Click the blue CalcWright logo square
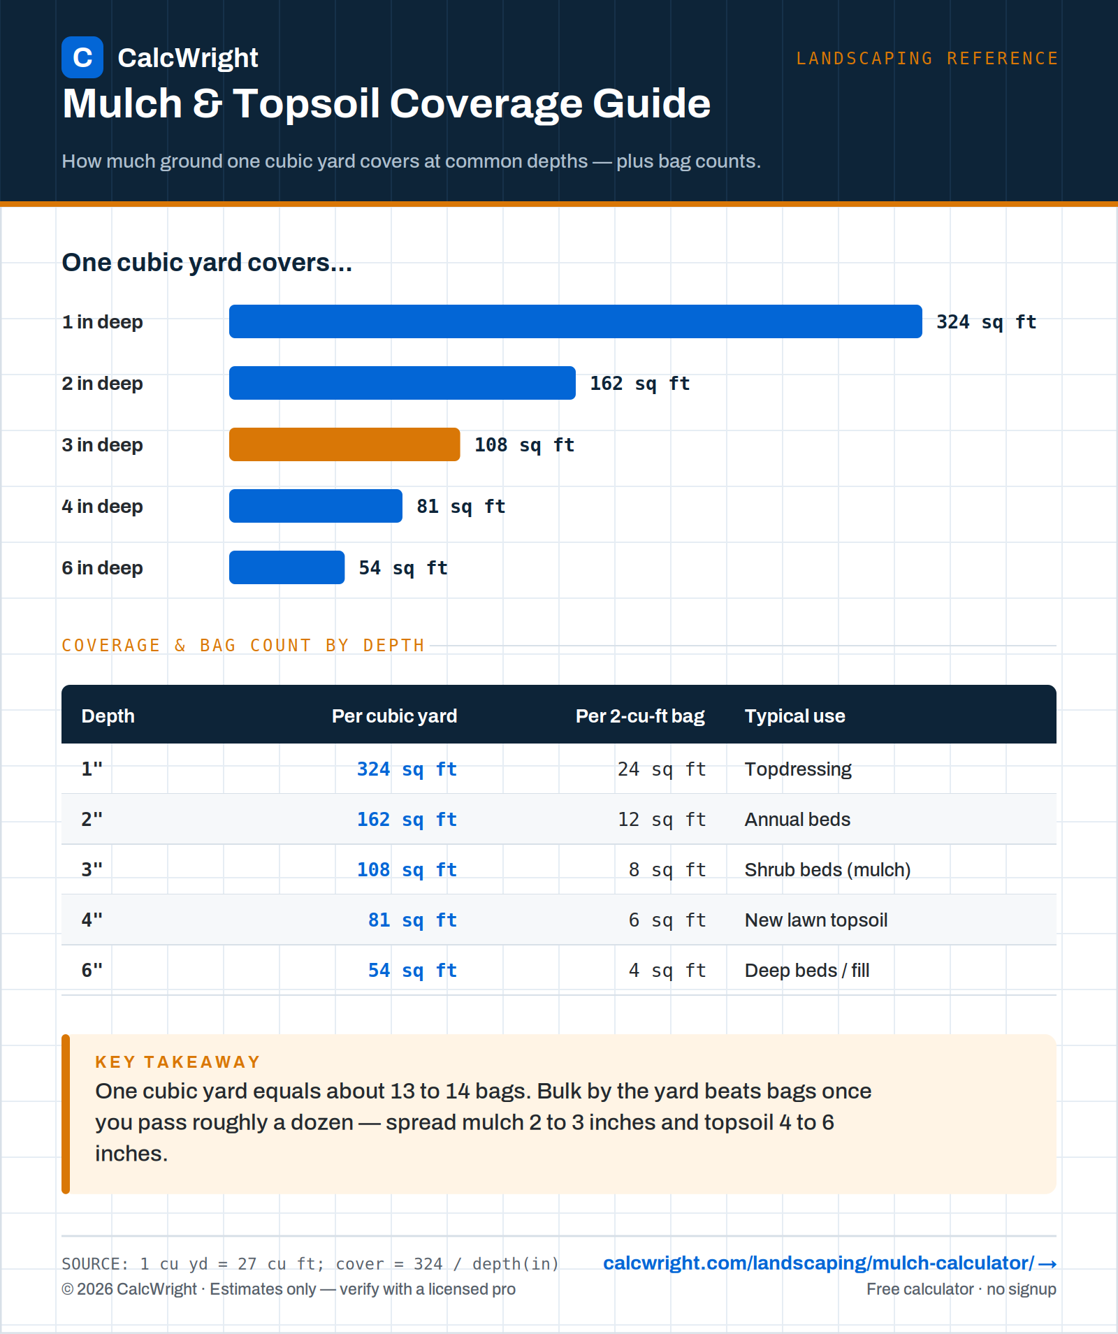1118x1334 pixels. [x=82, y=57]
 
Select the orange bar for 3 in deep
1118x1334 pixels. [x=344, y=444]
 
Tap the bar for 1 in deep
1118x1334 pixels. [x=576, y=321]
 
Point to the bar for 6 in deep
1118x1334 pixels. [x=286, y=567]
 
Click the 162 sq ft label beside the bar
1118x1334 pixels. [x=640, y=384]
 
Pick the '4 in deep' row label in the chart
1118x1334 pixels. [x=102, y=506]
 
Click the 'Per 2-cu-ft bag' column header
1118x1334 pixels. [x=640, y=716]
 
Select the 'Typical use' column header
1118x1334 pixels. [x=795, y=716]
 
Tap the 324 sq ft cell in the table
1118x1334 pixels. [x=407, y=769]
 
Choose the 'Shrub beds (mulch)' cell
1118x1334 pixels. [x=828, y=870]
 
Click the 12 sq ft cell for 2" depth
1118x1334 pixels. [x=662, y=820]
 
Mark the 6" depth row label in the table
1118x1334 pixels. [x=92, y=970]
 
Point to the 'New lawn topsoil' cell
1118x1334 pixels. [x=816, y=920]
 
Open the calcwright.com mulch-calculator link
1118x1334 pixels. [x=829, y=1263]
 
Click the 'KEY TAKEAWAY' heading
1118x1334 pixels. [x=178, y=1062]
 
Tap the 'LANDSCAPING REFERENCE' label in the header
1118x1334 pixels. [x=927, y=58]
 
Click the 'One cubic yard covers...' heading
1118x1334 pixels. [x=207, y=263]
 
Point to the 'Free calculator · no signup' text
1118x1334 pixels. [x=961, y=1289]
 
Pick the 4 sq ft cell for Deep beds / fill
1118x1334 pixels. [x=667, y=971]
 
